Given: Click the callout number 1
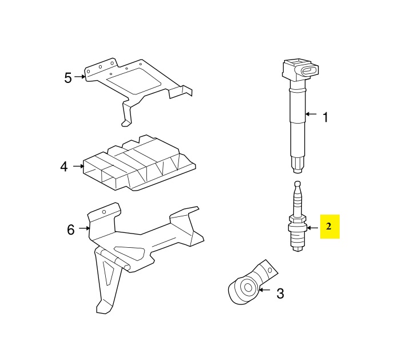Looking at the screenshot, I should (x=325, y=117).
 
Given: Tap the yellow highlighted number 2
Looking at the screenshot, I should (x=329, y=227).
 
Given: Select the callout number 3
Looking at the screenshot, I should (x=280, y=294).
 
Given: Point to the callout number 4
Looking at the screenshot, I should (x=64, y=167).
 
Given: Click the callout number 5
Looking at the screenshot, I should (x=68, y=78).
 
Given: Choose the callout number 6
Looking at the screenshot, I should (x=70, y=230).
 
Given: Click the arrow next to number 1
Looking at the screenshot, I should (x=311, y=114).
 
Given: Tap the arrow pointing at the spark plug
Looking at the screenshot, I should (x=311, y=227).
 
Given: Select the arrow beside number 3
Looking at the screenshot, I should (x=264, y=290).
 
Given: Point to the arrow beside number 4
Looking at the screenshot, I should (x=79, y=167).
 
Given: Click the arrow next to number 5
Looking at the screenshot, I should (x=81, y=76).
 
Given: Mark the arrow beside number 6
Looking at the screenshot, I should (x=85, y=229).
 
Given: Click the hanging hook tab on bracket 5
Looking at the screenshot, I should (x=126, y=118).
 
